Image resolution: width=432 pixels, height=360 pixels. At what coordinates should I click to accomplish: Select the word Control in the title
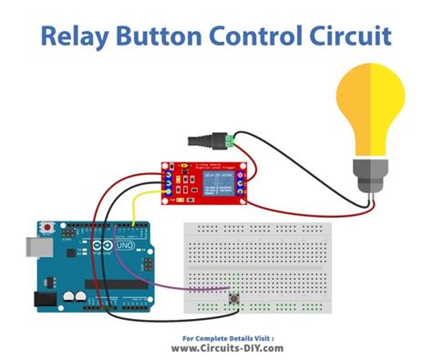[x=268, y=36]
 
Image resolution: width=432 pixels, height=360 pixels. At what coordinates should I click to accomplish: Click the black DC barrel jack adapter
[x=204, y=141]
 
